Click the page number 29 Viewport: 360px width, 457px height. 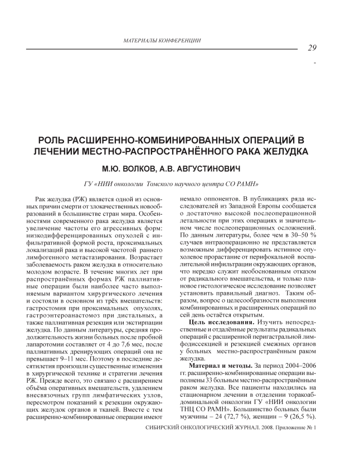(x=312, y=48)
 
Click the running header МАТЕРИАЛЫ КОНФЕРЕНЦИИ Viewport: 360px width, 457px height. (x=161, y=41)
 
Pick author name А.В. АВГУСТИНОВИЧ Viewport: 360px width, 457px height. (x=212, y=167)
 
